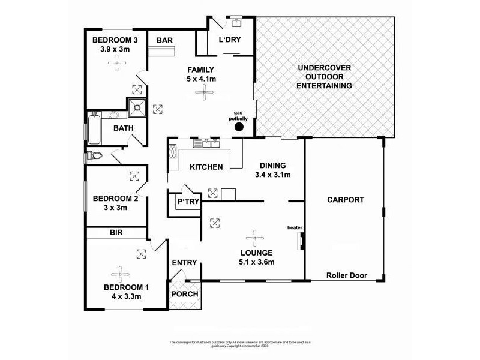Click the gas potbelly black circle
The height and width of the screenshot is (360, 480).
[239, 127]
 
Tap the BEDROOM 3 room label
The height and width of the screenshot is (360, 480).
[115, 40]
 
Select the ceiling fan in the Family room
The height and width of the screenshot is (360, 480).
[206, 92]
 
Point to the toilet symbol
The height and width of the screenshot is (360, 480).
[93, 157]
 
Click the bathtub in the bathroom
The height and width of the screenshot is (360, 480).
[92, 128]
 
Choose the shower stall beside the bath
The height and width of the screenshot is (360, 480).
[137, 109]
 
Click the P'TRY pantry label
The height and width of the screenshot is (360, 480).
[187, 202]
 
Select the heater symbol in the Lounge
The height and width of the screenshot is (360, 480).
[299, 241]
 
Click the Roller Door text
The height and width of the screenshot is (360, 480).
[346, 276]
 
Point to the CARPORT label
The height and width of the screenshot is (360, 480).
[345, 200]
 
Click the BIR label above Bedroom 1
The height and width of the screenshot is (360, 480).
[116, 232]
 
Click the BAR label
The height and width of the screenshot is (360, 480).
[165, 40]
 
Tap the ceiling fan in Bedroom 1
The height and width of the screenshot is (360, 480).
[119, 273]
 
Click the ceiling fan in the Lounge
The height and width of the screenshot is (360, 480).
[254, 237]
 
